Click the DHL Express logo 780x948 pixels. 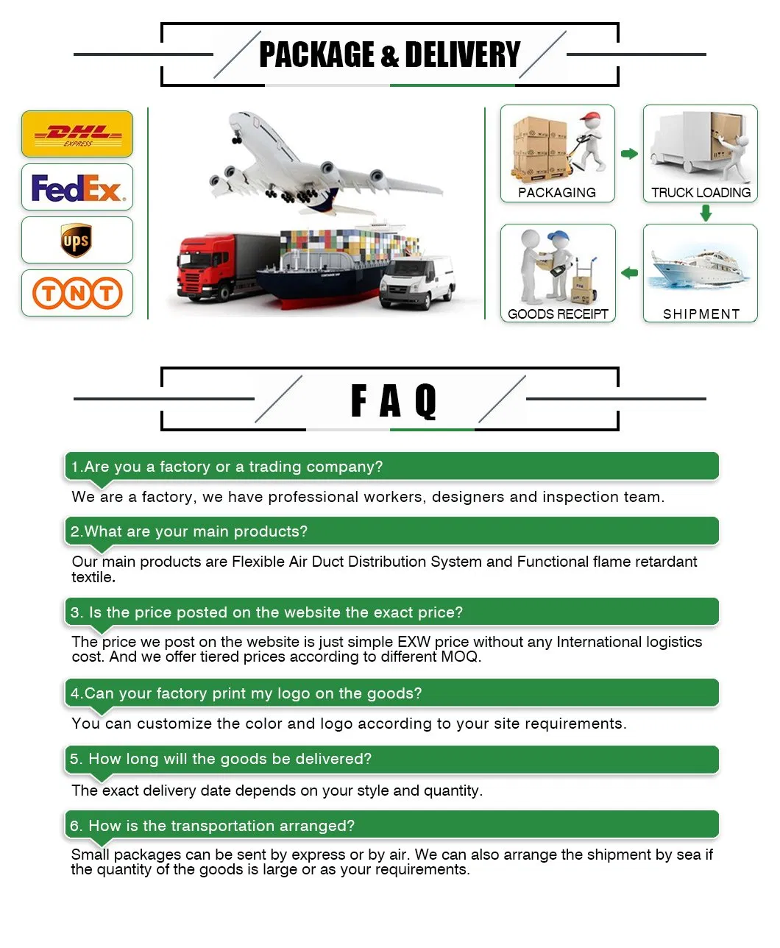click(77, 134)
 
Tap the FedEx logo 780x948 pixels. click(77, 188)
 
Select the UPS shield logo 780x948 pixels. click(77, 240)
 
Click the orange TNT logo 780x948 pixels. click(77, 293)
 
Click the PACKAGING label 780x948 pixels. click(557, 193)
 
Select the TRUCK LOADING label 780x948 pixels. click(701, 193)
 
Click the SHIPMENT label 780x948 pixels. click(701, 314)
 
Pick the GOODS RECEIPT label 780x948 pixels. click(558, 314)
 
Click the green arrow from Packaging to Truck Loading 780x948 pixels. click(629, 154)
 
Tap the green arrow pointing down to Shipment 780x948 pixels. click(706, 213)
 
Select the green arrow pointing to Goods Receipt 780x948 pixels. click(629, 274)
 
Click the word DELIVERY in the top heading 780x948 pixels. click(462, 54)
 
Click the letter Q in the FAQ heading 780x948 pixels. click(426, 401)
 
